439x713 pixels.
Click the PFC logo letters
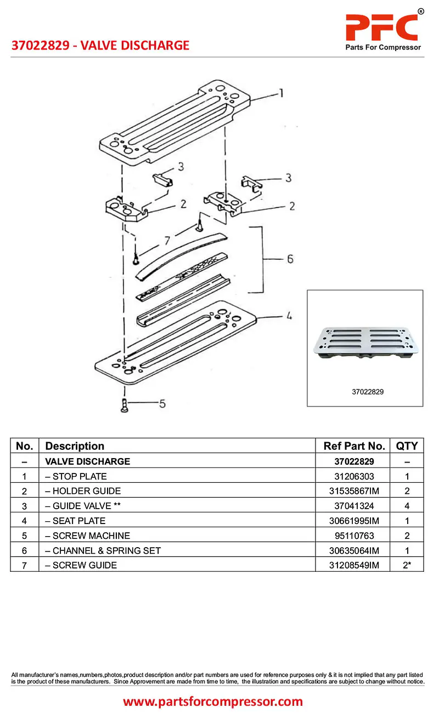(x=382, y=26)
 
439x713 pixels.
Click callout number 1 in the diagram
(x=281, y=93)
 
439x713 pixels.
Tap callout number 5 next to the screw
(x=162, y=404)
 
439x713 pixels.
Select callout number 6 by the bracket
(x=290, y=259)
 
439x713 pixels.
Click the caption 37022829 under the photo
(x=368, y=392)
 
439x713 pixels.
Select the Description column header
(x=75, y=446)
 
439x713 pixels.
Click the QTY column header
(x=407, y=446)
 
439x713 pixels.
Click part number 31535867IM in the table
(x=352, y=491)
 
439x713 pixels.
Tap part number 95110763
(x=352, y=536)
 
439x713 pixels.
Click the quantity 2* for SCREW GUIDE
(x=407, y=565)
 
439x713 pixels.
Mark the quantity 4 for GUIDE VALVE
(x=407, y=506)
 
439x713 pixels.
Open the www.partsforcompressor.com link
(x=213, y=701)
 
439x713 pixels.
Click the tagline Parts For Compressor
(x=383, y=47)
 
